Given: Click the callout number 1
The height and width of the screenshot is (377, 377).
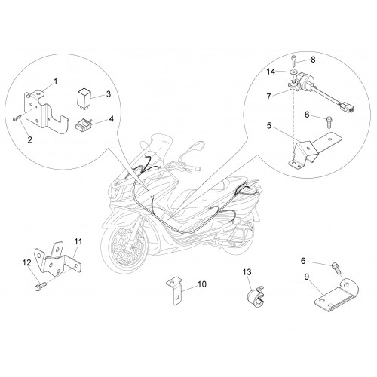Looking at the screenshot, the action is click(x=56, y=81).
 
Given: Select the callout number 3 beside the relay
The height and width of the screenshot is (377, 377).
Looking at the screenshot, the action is click(x=109, y=94).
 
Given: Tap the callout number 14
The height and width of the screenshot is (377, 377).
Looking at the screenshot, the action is click(x=271, y=72).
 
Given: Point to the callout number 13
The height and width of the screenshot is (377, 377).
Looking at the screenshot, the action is click(x=247, y=272).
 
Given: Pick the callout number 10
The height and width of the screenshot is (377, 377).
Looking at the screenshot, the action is click(x=201, y=284).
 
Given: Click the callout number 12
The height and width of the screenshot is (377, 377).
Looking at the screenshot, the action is click(x=27, y=263).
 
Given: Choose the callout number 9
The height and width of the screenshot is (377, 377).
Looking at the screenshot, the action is click(x=306, y=277).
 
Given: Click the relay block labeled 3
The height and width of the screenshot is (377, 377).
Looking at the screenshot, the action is click(x=84, y=99).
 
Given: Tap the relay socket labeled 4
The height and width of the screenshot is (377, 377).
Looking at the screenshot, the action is click(x=83, y=124).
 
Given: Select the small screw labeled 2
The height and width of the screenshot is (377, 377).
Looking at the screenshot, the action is click(x=17, y=118).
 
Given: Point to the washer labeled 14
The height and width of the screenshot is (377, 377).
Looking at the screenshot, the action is click(x=293, y=72).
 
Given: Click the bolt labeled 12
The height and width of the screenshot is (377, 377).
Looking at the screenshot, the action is click(x=40, y=286).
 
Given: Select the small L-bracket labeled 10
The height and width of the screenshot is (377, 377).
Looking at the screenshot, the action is click(x=175, y=290).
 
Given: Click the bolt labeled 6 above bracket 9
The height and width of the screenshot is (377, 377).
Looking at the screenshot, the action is click(x=336, y=268).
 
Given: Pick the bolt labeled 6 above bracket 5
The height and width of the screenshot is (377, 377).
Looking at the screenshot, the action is click(x=329, y=121).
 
